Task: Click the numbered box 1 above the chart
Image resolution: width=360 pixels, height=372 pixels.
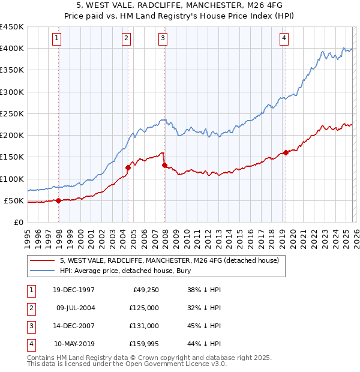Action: [56, 39]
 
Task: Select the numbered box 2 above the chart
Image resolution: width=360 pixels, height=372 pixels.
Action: [127, 39]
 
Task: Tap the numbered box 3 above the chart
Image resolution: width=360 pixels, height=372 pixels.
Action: [163, 39]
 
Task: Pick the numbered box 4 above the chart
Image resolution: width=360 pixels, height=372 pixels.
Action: [284, 39]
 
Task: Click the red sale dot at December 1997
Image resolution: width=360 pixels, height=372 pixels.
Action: [58, 201]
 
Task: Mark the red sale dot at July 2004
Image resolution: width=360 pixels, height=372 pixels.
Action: [128, 168]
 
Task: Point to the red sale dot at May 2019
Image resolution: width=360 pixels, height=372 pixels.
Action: [286, 152]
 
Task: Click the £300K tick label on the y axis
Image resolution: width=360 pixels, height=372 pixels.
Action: [12, 92]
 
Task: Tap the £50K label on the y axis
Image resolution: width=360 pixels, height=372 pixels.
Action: [14, 200]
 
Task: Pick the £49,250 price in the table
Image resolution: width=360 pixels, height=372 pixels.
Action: [145, 290]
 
